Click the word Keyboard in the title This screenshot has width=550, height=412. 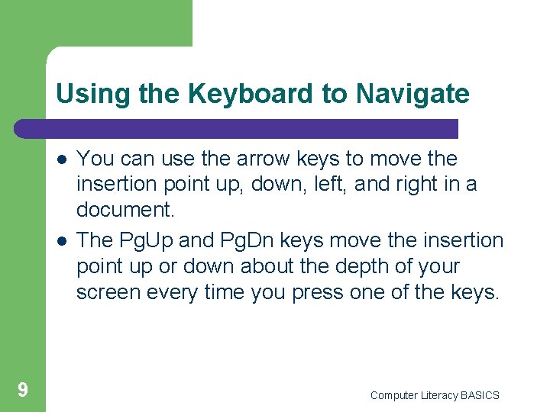click(x=252, y=94)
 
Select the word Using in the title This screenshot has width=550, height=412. click(x=84, y=94)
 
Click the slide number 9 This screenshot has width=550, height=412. click(x=23, y=391)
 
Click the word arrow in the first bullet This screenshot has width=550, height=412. click(x=245, y=159)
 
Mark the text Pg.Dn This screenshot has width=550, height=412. click(x=249, y=241)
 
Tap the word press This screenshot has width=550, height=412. click(x=323, y=291)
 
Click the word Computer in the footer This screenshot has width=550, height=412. click(x=393, y=395)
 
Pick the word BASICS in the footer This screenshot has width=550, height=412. click(x=480, y=395)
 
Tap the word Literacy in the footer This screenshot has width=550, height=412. click(x=439, y=395)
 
